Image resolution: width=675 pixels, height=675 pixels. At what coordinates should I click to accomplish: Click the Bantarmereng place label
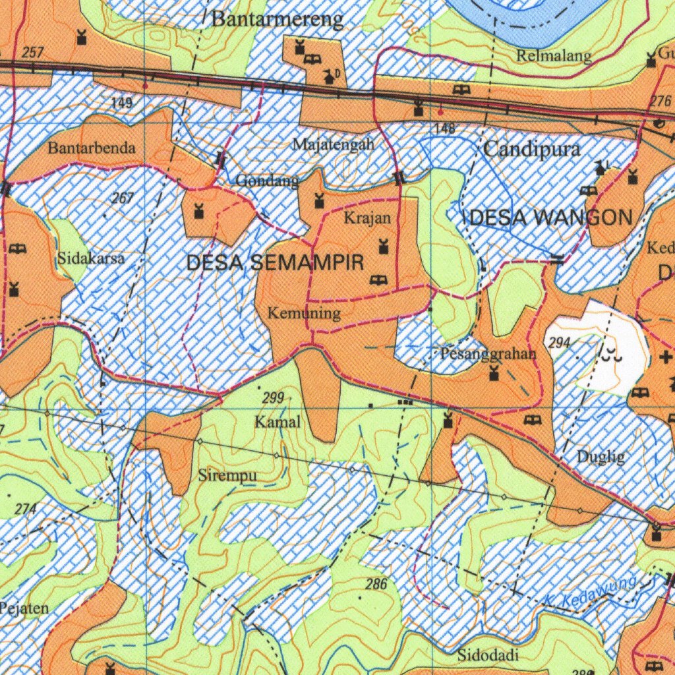click(x=277, y=20)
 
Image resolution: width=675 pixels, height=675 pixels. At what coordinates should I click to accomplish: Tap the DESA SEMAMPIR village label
click(x=275, y=263)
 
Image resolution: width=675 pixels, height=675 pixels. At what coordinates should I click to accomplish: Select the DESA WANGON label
click(x=551, y=218)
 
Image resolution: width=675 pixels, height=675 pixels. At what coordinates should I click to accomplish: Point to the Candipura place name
click(x=532, y=149)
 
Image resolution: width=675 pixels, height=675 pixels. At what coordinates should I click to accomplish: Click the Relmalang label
click(x=554, y=56)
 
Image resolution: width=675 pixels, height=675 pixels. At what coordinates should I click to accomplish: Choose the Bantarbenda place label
click(x=92, y=148)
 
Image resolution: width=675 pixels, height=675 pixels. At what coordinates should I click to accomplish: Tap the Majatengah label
click(x=334, y=144)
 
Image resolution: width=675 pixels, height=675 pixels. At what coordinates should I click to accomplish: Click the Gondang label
click(x=267, y=181)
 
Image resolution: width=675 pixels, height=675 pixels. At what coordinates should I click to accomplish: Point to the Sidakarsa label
click(x=91, y=258)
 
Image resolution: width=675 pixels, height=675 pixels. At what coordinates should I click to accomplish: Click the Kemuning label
click(x=304, y=313)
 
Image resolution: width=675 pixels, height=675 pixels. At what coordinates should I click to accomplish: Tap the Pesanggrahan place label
click(x=488, y=354)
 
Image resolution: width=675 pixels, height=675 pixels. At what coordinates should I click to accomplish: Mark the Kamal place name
click(x=278, y=422)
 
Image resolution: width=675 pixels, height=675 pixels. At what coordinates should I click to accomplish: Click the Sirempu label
click(x=227, y=475)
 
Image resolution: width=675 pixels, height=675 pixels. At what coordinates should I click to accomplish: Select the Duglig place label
click(x=601, y=456)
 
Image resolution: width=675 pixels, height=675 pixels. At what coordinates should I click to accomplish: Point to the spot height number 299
click(x=272, y=397)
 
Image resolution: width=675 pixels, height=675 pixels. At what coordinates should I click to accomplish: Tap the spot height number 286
click(x=376, y=584)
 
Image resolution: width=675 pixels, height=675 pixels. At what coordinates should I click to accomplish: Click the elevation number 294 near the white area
click(x=558, y=342)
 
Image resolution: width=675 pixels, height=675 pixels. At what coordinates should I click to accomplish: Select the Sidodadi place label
click(x=488, y=655)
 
